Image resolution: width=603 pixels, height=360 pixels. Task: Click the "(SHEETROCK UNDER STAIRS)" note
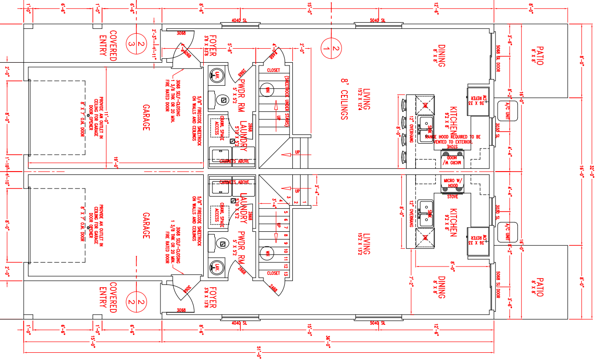(x=286, y=101)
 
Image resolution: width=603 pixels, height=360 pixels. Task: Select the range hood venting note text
(x=453, y=139)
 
